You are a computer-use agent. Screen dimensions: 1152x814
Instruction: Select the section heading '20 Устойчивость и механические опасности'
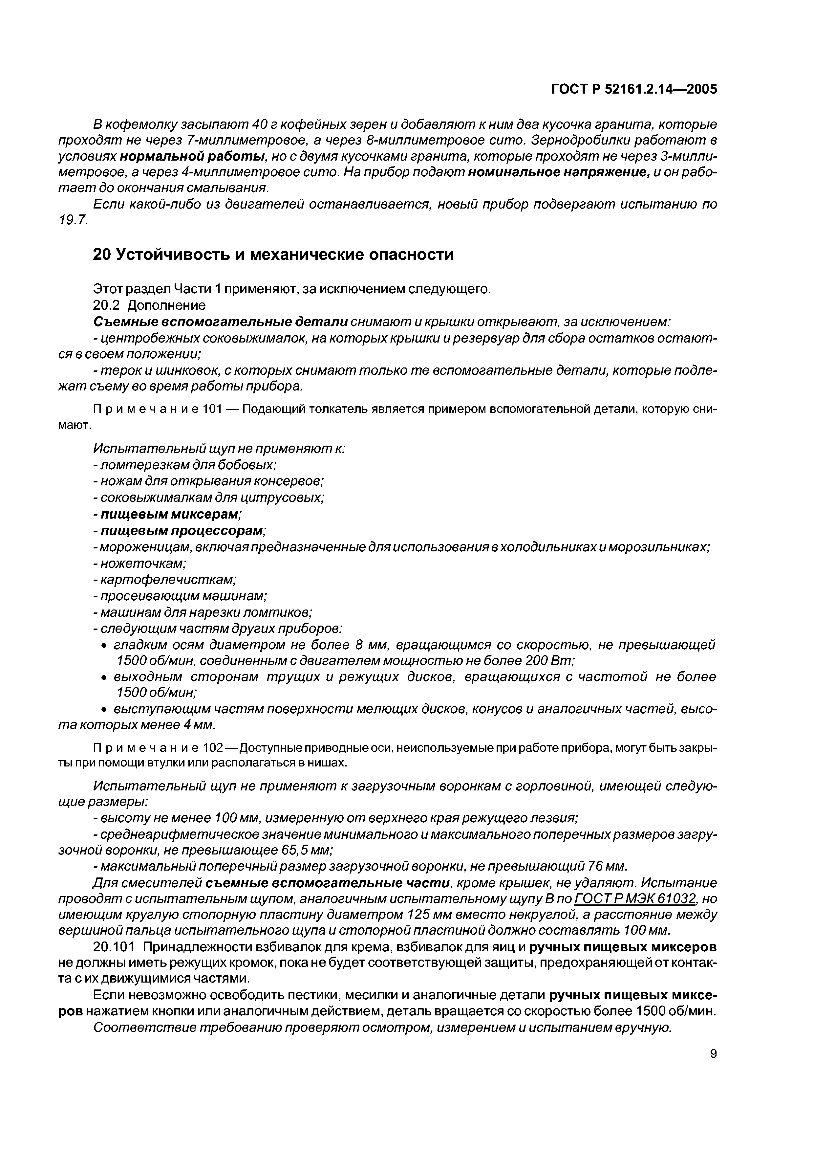[x=273, y=255]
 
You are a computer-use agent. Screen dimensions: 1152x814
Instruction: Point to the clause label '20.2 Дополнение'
[x=149, y=305]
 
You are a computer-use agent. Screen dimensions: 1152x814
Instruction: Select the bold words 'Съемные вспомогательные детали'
[x=220, y=321]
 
